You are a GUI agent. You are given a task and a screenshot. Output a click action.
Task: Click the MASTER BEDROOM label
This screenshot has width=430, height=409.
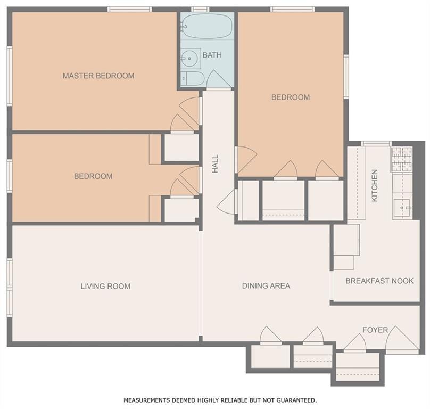tap(98, 76)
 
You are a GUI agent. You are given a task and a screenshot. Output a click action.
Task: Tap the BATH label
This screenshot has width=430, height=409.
tap(212, 55)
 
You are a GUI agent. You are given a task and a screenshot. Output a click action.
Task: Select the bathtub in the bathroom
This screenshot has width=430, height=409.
tap(207, 26)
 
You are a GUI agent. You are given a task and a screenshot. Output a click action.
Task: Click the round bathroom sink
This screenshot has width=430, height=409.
tap(189, 58)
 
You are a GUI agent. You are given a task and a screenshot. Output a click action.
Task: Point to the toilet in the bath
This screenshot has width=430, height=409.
tap(193, 79)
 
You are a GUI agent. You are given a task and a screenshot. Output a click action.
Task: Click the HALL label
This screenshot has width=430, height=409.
tap(216, 163)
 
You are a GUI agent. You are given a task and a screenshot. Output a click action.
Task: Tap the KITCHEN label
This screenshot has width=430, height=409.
tap(374, 185)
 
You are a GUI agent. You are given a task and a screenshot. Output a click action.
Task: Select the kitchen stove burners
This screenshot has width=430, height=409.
tap(402, 159)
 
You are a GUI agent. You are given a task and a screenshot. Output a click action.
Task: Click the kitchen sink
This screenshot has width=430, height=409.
tap(402, 208)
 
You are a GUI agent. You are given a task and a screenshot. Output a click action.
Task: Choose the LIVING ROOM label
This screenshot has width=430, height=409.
tap(105, 287)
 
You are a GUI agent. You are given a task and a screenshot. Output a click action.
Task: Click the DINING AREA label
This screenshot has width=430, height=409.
tap(266, 286)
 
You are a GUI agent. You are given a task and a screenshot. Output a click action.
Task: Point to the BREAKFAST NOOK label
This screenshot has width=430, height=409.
tap(379, 281)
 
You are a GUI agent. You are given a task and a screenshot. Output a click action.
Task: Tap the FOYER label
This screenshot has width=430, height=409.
tap(375, 330)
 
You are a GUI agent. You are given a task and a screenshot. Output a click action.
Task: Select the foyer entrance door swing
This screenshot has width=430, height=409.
tap(402, 340)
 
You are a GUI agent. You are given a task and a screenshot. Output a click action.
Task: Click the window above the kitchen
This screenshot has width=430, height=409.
tap(376, 144)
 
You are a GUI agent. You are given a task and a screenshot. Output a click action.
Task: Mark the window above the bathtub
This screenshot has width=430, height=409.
tap(200, 10)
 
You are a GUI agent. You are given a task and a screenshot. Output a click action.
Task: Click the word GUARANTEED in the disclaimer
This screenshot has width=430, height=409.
tap(296, 400)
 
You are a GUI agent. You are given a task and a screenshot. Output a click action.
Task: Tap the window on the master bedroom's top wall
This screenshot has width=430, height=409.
tap(129, 10)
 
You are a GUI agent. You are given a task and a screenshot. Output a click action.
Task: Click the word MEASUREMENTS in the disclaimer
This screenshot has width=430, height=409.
tap(146, 400)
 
